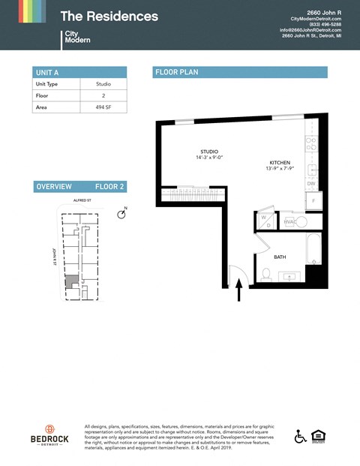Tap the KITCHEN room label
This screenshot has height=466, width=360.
point(280,163)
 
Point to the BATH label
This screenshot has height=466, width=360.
point(280,257)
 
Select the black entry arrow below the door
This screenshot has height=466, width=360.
point(239,290)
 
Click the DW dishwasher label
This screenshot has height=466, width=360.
point(310,183)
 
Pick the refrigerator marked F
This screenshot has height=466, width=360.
point(313,201)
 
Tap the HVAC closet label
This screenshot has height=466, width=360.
point(290,222)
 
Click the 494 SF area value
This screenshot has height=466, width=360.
point(104,107)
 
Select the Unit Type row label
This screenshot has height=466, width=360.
point(46,84)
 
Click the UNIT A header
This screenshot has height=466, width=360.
point(47,72)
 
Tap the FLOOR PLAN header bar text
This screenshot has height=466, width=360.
point(176,73)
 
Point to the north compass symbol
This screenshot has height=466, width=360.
point(121,215)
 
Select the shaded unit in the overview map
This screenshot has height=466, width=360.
point(70,281)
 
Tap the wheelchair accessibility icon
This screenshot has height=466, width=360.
point(300,436)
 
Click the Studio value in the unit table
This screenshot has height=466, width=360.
point(104,84)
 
